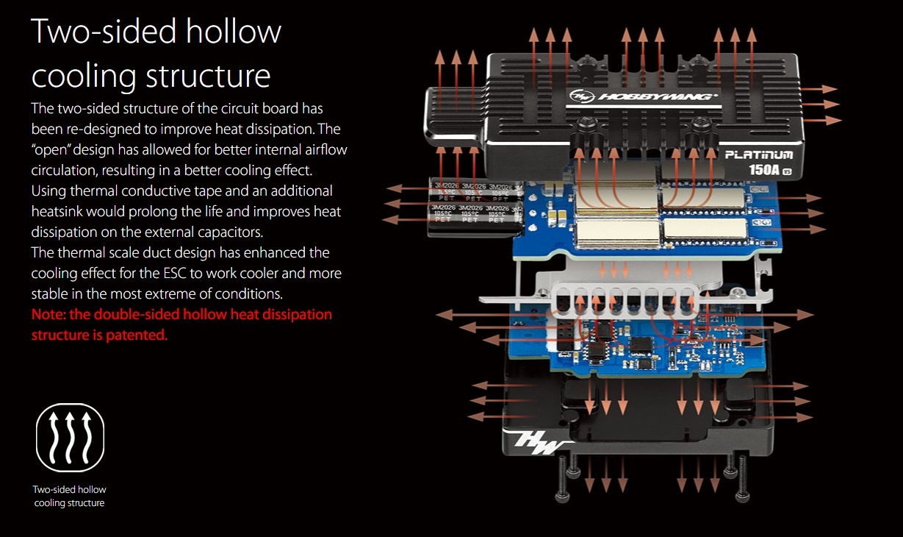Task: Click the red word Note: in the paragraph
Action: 48,315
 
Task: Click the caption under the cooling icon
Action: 70,497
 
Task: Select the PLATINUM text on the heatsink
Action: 759,155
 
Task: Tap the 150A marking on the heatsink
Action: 761,171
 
